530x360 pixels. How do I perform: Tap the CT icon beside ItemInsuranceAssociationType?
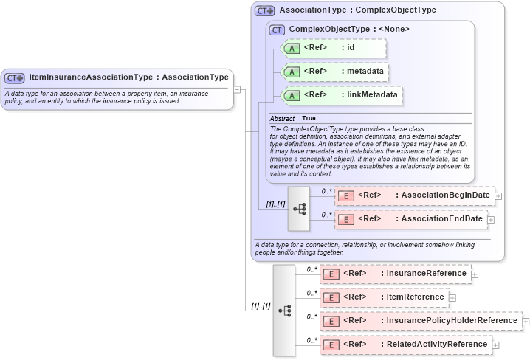tap(15, 77)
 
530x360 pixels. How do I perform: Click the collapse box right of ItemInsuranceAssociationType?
tap(237, 89)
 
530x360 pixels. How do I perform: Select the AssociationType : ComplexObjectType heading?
tap(357, 10)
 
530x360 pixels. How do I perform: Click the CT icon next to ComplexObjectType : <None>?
tap(278, 30)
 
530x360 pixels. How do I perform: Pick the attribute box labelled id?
tap(334, 49)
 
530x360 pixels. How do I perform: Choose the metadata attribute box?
tap(336, 72)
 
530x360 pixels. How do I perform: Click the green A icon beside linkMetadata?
tap(292, 95)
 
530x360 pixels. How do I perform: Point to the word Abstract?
tap(282, 118)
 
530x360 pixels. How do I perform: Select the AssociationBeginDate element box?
tap(414, 195)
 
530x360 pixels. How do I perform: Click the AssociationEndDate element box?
tap(410, 219)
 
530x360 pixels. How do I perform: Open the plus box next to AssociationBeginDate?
tap(499, 196)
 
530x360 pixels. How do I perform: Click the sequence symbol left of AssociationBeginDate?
tap(300, 209)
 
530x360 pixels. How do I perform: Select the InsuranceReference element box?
tap(396, 274)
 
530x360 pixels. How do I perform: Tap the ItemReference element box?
tap(385, 297)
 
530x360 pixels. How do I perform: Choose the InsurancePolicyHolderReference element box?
tap(421, 321)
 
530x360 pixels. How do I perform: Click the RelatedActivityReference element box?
tap(406, 345)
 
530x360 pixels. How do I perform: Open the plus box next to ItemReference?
tap(452, 298)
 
